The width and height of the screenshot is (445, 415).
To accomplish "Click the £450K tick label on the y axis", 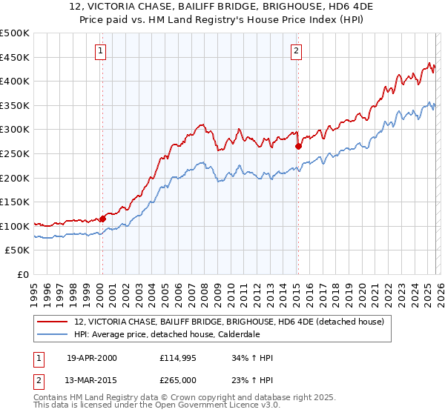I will click(15, 58).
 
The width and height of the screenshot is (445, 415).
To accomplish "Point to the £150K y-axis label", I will click(15, 202).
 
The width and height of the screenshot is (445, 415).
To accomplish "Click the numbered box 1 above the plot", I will click(100, 51).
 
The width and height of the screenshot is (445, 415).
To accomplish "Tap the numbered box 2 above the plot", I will click(296, 51).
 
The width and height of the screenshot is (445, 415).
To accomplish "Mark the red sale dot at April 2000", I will click(103, 219).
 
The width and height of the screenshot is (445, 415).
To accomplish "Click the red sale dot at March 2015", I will click(298, 147).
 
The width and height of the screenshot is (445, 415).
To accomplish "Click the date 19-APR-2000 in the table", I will click(91, 358).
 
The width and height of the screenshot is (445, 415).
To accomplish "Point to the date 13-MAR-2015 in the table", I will click(92, 380).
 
